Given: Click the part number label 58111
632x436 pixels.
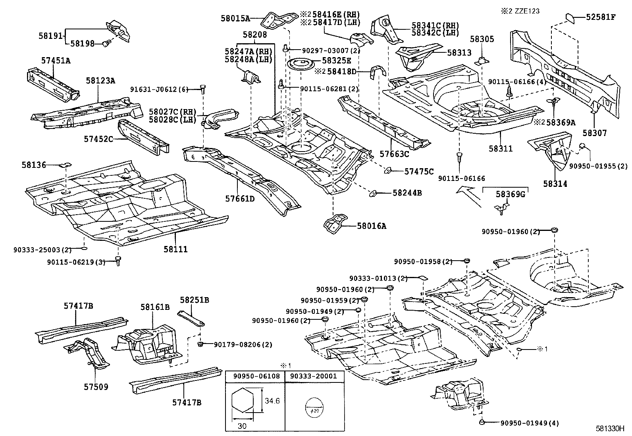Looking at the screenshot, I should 175,249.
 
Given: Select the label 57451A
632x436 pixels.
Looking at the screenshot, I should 56,60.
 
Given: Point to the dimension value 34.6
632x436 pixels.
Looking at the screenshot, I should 272,401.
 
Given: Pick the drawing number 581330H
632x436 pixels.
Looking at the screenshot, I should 610,428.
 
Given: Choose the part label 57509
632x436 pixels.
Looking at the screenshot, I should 96,387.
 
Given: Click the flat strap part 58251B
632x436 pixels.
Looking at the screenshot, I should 191,317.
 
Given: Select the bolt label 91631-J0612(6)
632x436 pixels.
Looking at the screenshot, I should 158,90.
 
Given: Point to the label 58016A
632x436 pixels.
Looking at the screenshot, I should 372,226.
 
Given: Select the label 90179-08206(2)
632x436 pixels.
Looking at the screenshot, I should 243,345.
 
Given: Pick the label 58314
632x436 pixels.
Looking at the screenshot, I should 555,184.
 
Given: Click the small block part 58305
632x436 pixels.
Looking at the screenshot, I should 482,61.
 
